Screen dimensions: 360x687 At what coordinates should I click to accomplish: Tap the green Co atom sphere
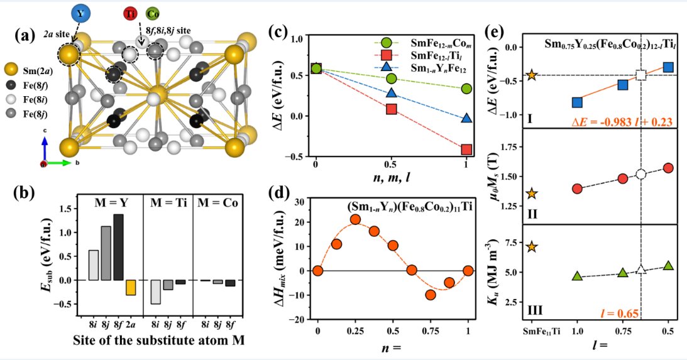152,13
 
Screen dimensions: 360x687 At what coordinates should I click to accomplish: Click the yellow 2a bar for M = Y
131,287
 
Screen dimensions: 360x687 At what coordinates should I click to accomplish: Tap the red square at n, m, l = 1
466,149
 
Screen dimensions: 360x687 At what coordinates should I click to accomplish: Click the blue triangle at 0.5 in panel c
391,93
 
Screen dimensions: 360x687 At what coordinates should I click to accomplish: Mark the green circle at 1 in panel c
466,89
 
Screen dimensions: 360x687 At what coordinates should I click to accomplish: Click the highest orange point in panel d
355,219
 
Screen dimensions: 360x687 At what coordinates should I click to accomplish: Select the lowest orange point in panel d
431,295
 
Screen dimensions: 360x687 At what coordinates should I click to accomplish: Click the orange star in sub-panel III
532,247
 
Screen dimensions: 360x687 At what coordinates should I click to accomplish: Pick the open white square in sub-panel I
640,75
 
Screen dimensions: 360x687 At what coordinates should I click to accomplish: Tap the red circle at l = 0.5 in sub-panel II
668,168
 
